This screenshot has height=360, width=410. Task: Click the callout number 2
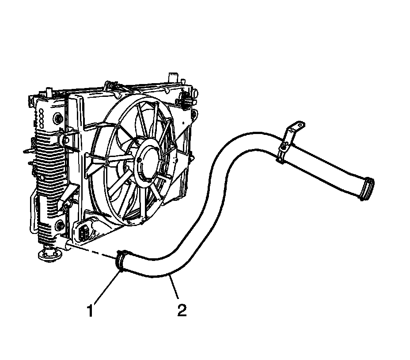tap(181, 310)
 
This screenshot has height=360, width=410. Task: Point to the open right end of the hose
tap(367, 188)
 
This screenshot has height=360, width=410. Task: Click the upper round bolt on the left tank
tap(57, 119)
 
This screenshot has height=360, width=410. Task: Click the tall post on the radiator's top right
tap(173, 77)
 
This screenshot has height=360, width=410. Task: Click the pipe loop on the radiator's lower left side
tap(32, 212)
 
